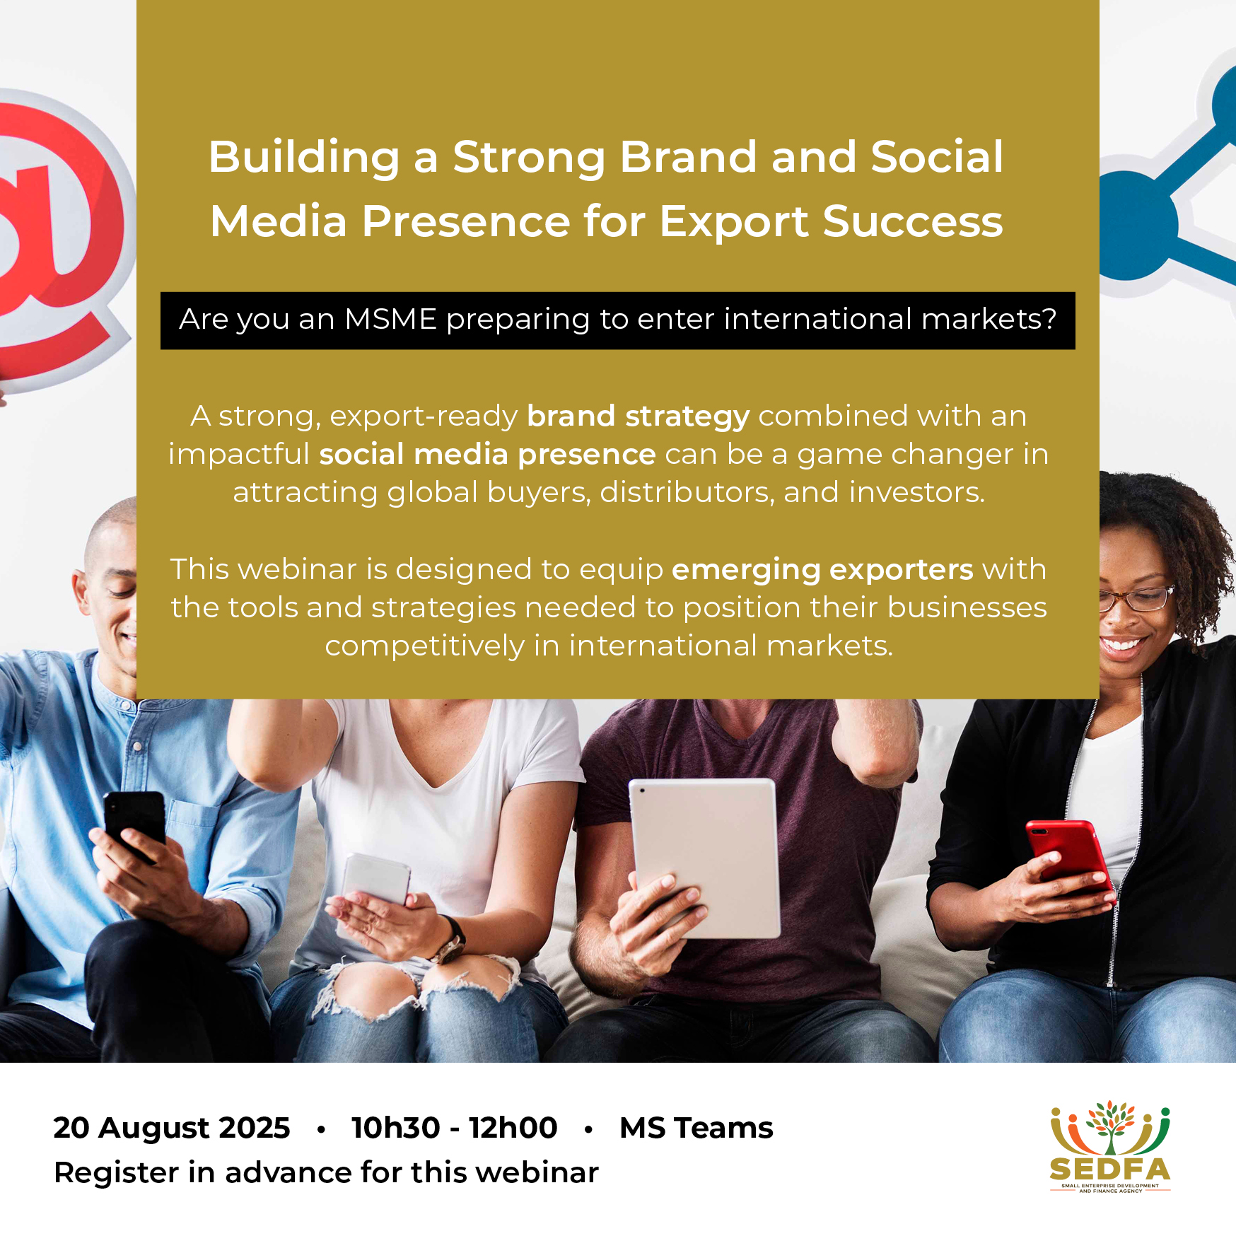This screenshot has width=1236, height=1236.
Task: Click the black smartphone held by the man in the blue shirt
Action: point(134,824)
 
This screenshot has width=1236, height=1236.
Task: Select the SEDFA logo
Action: point(1110,1146)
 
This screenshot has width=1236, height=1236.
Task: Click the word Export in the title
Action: point(734,221)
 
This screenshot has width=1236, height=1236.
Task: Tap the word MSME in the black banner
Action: point(390,319)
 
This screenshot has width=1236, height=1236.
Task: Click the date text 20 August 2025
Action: point(172,1128)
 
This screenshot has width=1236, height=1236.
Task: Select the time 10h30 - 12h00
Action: point(454,1128)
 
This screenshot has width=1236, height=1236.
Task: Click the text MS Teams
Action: point(696,1128)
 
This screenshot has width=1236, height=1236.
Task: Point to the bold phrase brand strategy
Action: point(639,416)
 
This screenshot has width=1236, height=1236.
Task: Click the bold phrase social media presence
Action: point(487,455)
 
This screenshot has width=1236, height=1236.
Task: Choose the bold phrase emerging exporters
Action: point(822,570)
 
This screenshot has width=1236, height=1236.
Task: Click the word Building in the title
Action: point(305,157)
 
